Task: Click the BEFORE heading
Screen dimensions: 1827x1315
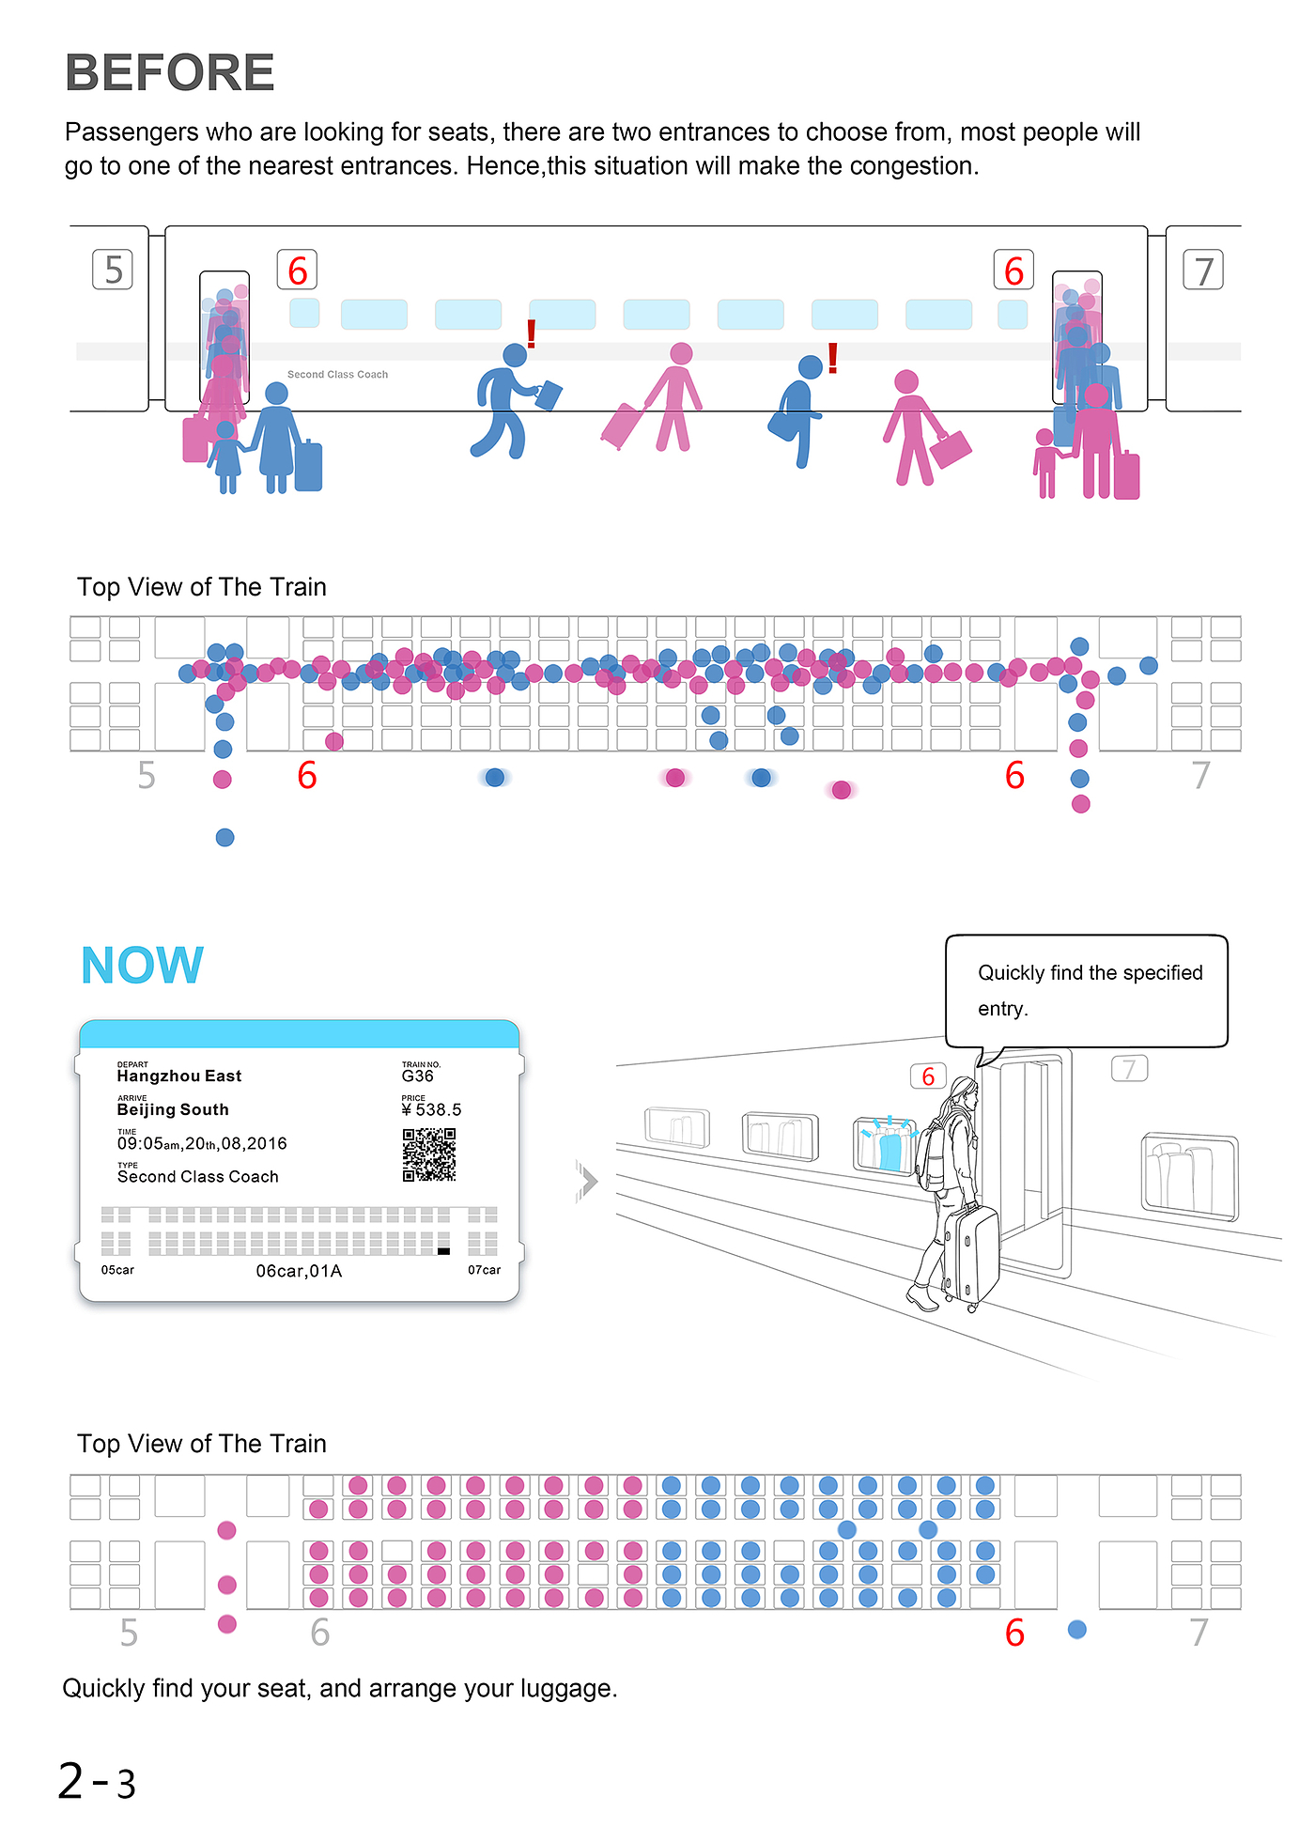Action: pyautogui.click(x=169, y=72)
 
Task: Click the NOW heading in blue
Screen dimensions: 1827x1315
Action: pyautogui.click(x=142, y=966)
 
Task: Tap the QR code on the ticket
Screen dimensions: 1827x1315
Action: pyautogui.click(x=429, y=1154)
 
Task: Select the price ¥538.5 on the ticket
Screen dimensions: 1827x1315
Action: pyautogui.click(x=432, y=1109)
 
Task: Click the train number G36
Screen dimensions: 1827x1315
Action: pyautogui.click(x=418, y=1076)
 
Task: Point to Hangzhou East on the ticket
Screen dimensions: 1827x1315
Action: pyautogui.click(x=178, y=1076)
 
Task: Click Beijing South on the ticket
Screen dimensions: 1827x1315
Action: pyautogui.click(x=173, y=1109)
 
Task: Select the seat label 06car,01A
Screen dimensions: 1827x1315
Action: pyautogui.click(x=299, y=1271)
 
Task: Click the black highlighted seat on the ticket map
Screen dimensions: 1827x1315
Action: pyautogui.click(x=444, y=1251)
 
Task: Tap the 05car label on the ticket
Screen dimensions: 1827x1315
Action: pyautogui.click(x=117, y=1270)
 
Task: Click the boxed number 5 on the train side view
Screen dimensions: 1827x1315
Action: pyautogui.click(x=113, y=270)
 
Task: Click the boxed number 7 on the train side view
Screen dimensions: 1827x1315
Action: pyautogui.click(x=1203, y=271)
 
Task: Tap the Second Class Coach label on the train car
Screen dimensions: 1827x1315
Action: pyautogui.click(x=337, y=374)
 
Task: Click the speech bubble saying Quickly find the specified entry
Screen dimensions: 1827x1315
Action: pyautogui.click(x=1087, y=990)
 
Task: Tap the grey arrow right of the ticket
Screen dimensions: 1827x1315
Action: pyautogui.click(x=587, y=1181)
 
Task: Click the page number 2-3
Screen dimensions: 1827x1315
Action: pyautogui.click(x=97, y=1782)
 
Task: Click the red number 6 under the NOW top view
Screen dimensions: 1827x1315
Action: pyautogui.click(x=1014, y=1633)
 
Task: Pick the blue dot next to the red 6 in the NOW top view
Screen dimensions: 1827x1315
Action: pyautogui.click(x=1077, y=1630)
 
